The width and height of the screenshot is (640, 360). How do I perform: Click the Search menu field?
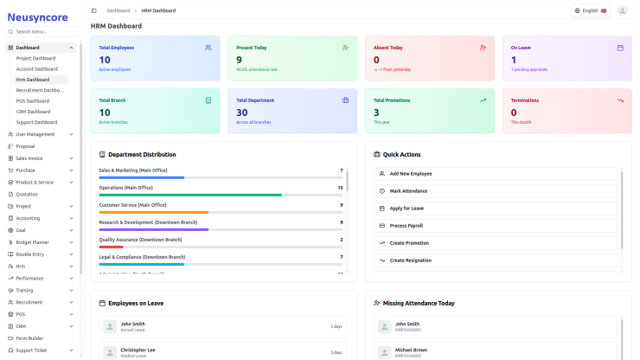[x=43, y=31]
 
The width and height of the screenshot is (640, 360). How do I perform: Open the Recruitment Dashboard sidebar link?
[x=41, y=90]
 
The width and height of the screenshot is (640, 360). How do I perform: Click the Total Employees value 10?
[x=105, y=60]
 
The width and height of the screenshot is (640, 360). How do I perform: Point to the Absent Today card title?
[x=388, y=48]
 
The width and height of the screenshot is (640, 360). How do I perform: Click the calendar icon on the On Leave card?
[x=620, y=48]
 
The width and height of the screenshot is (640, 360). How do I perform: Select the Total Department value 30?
[x=242, y=112]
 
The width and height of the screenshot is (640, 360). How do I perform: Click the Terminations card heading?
[x=525, y=100]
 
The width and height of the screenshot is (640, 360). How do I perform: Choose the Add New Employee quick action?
[x=411, y=173]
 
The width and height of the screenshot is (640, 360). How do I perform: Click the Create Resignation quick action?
[x=410, y=260]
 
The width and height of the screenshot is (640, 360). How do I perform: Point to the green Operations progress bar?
[x=190, y=195]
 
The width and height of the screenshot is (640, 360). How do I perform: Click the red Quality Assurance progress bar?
[x=112, y=247]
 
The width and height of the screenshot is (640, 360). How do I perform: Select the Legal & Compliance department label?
[x=142, y=257]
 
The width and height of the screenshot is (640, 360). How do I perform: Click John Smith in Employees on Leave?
[x=132, y=324]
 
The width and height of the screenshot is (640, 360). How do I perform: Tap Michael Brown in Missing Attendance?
[x=411, y=350]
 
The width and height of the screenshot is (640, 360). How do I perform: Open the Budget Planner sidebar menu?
[x=33, y=242]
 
